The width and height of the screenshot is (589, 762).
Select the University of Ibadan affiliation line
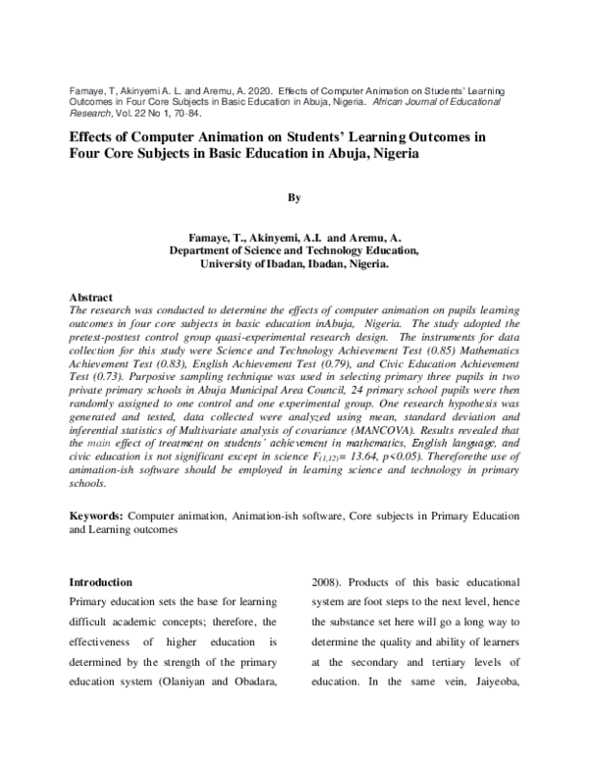pos(294,264)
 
